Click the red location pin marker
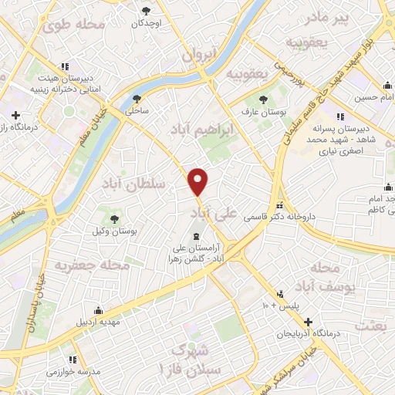tap(199, 181)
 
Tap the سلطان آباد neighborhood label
tap(133, 184)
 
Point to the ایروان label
tap(201, 56)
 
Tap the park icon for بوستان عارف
tap(264, 100)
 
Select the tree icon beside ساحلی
tap(137, 99)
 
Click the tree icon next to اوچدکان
tap(147, 11)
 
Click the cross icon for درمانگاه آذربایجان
tap(309, 321)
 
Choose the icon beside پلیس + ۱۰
tap(282, 294)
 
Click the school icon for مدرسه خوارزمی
tap(73, 359)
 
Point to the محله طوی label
tap(75, 25)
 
